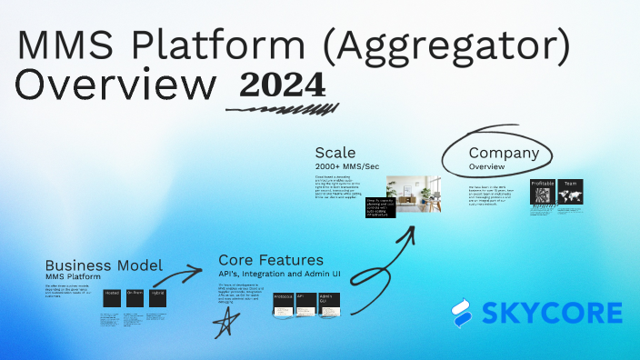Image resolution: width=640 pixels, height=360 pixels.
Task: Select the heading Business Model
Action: point(104,265)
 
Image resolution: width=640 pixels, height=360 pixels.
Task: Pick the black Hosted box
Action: point(112,297)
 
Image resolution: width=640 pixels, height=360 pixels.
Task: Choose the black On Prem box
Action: point(135,297)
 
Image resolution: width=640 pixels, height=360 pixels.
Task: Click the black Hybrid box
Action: point(156,297)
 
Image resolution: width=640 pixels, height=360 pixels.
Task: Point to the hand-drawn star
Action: point(223,325)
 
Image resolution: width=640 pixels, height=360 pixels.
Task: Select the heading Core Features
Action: point(271,260)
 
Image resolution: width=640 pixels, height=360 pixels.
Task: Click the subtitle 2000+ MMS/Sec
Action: point(347,166)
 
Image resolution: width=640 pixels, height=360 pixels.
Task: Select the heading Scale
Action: point(335,152)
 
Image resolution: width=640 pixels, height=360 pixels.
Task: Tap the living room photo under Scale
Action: point(409,193)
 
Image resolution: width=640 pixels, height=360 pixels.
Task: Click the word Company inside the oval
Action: point(504,154)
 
